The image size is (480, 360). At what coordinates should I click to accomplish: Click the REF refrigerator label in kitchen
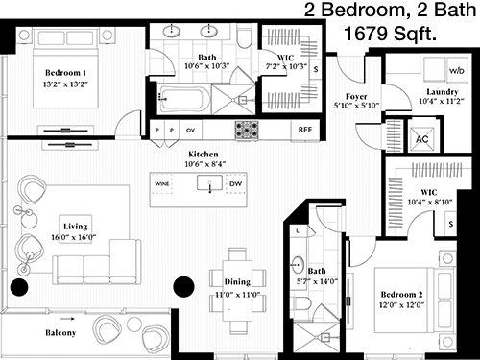pos(305,130)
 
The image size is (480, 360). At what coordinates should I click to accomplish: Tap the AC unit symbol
pos(422,139)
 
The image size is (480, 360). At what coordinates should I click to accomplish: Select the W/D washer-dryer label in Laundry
pos(457,71)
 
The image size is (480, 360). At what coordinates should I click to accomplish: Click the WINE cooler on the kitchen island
pos(162,184)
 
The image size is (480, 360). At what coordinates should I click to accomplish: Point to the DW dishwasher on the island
pos(236,184)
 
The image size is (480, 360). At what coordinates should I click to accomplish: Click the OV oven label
pos(190,131)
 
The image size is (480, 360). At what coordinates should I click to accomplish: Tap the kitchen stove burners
pos(247,130)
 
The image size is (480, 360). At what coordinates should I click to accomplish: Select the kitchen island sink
pos(209,183)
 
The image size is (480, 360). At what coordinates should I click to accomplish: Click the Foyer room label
pos(356,96)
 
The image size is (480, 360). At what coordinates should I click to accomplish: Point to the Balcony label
pos(60,333)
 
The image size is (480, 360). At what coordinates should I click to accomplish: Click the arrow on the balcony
pos(68,319)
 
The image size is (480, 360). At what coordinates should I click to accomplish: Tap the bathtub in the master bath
pos(184,99)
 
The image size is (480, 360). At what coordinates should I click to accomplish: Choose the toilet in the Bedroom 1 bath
pos(245,36)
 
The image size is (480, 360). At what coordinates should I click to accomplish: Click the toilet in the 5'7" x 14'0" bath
pos(301,303)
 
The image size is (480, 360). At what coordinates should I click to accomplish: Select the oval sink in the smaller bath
pos(298,265)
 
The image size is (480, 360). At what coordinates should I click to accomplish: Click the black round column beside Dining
pos(183,287)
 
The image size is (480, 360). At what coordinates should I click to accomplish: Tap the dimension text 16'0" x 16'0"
pos(74,237)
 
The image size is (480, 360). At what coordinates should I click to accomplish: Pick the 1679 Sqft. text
pos(390,34)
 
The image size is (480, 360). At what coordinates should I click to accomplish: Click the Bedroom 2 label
pos(401,295)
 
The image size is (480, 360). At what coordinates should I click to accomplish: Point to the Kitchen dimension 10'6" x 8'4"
pos(205,164)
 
